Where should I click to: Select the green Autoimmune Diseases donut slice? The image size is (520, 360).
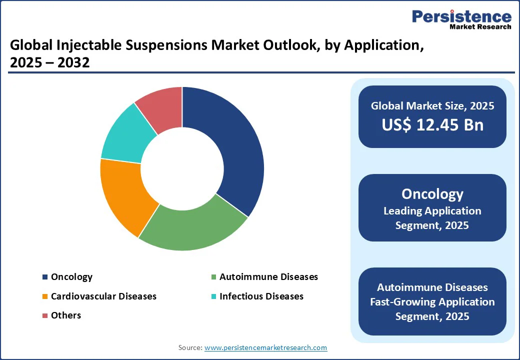pos(192,228)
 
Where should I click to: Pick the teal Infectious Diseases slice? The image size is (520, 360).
pos(124,136)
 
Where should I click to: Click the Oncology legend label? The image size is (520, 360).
pos(71,277)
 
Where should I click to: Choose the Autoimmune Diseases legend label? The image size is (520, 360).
pos(268,277)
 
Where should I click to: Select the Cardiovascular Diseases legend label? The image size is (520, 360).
pos(103,296)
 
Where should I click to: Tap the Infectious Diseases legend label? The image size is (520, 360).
pos(261,296)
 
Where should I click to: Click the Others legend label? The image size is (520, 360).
pos(66,315)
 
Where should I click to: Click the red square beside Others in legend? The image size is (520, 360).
pos(45,315)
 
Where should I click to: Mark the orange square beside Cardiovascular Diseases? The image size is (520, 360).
pos(45,296)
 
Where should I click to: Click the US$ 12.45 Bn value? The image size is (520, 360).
pos(432,125)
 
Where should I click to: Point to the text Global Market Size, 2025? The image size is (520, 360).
pos(432,105)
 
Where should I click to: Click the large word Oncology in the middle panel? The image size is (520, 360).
pos(432,194)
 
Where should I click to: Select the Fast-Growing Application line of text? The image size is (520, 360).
pos(432,302)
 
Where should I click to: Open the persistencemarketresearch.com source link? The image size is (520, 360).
pos(265,347)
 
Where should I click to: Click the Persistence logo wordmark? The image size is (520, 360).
pos(462,16)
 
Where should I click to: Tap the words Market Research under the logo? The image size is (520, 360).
pos(480,27)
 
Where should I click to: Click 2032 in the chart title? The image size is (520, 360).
pos(73,62)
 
